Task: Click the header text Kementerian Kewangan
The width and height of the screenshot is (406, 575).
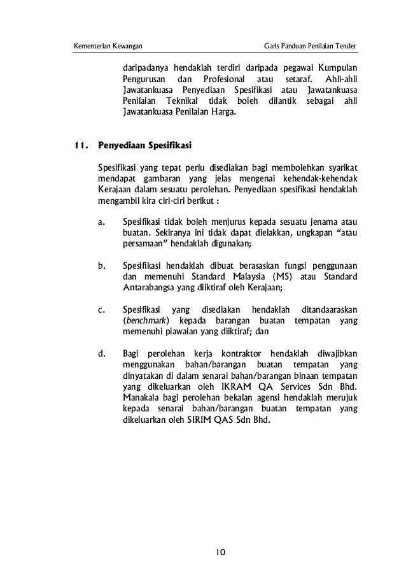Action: pyautogui.click(x=108, y=46)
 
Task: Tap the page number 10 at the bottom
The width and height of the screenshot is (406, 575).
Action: pyautogui.click(x=220, y=550)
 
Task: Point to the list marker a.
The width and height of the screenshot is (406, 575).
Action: pyautogui.click(x=102, y=222)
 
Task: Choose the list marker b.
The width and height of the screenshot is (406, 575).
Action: pyautogui.click(x=102, y=266)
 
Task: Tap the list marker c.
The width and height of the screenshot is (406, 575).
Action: pyautogui.click(x=102, y=309)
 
